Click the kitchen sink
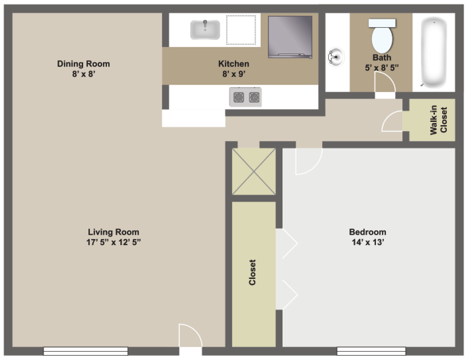pos(205,30)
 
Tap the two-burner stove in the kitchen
pos(245,97)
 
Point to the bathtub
pos(434,52)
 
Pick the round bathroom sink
pos(336,57)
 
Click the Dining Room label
pos(83,64)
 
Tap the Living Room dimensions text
pos(114,242)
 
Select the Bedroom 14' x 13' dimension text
pos(368,242)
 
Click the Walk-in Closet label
pos(438,120)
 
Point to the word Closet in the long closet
pos(252,272)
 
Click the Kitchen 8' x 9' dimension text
pos(234,74)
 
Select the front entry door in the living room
pos(190,336)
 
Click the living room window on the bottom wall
pos(85,351)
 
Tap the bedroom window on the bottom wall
pos(371,351)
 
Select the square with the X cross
pos(254,171)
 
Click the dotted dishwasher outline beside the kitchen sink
pos(241,30)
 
